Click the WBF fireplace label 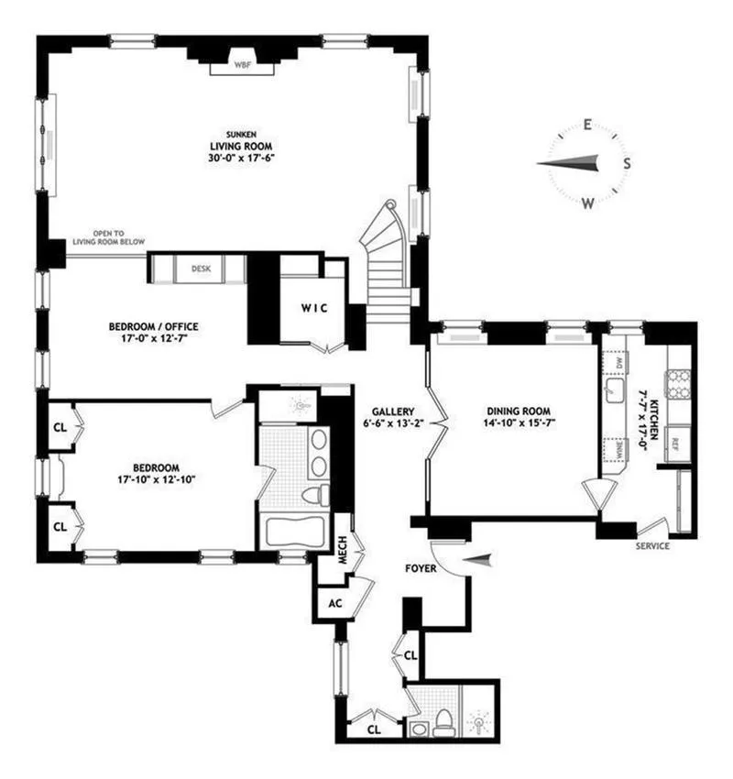point(242,65)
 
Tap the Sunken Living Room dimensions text point(242,158)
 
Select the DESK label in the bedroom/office point(201,269)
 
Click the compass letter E point(587,126)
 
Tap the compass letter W point(587,203)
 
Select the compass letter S point(628,164)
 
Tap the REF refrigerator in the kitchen point(676,442)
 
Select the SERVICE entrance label point(651,546)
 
